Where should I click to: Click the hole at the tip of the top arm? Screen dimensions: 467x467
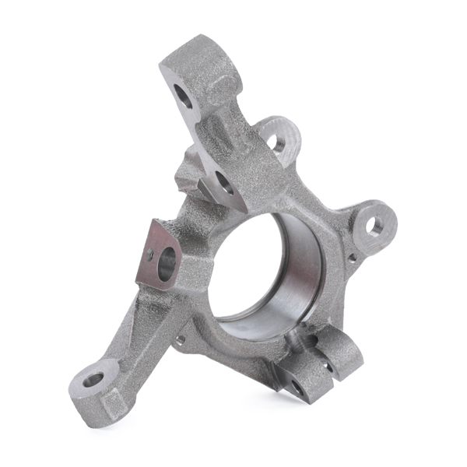[x=184, y=97]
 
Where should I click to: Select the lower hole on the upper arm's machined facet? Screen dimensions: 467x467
[x=224, y=184]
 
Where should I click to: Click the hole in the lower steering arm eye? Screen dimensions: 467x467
[x=93, y=380]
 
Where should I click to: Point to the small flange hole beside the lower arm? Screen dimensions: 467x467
[x=181, y=339]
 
